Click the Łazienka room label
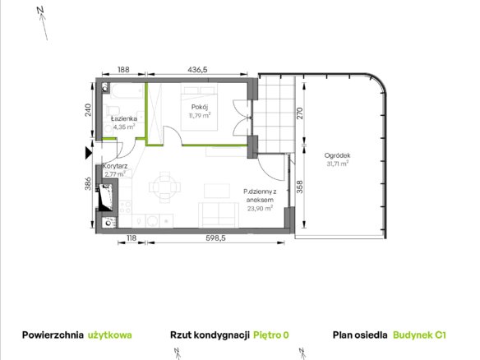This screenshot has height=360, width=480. point(123,118)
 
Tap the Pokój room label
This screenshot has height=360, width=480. point(200,107)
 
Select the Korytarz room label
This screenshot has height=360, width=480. point(115,166)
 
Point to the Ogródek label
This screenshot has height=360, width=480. point(337,155)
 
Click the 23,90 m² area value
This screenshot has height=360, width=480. point(260,209)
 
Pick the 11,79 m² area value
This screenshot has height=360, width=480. point(200,115)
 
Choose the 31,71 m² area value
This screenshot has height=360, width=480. point(337,164)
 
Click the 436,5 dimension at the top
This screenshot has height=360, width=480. point(197,70)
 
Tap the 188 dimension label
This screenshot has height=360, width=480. point(123,70)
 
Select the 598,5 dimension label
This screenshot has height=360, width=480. point(215,238)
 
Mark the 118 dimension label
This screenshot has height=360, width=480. point(132,238)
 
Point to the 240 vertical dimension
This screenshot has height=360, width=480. point(88,110)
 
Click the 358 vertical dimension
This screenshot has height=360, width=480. point(300,187)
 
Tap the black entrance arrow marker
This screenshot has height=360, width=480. point(89,153)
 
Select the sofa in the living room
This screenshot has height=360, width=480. point(219,215)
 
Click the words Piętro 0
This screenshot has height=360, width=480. point(271,335)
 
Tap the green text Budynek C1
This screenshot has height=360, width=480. point(419,335)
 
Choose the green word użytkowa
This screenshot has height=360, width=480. point(110,335)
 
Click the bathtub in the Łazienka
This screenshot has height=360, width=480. point(127,91)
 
